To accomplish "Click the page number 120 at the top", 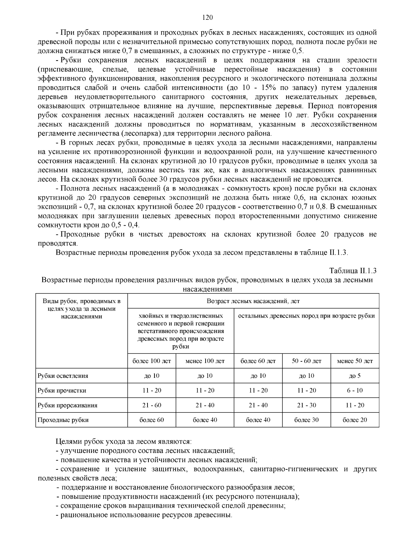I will [207, 17].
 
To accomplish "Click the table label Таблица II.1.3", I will [353, 271].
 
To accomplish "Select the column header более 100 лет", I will [152, 361].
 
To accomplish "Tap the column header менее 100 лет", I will [205, 361].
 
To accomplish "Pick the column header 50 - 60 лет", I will [307, 361].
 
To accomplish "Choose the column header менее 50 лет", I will [355, 361].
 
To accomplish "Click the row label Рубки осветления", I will [63, 376].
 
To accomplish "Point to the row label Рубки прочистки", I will [62, 391].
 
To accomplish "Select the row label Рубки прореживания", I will [68, 405].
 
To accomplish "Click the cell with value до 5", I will [355, 376].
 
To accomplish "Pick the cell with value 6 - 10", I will [355, 391].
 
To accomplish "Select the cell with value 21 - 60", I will [152, 405].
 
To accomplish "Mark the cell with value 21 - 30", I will [307, 405].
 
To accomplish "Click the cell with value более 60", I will [152, 420].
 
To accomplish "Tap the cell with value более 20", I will [355, 420].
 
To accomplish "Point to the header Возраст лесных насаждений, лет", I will [253, 301].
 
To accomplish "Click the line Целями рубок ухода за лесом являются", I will [123, 441].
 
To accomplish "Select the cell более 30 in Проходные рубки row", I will [307, 420].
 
